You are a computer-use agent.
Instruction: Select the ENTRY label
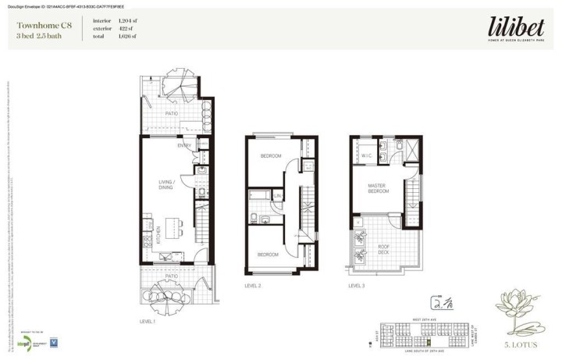(x=184, y=145)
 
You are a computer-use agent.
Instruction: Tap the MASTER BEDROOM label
(x=378, y=188)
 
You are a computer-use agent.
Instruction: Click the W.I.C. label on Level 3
(x=366, y=155)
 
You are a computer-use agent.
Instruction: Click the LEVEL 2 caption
(x=252, y=286)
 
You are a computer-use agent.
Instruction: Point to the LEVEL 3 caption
(x=357, y=286)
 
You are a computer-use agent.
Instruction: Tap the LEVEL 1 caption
(x=148, y=322)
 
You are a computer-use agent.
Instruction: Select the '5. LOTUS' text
(x=519, y=344)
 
